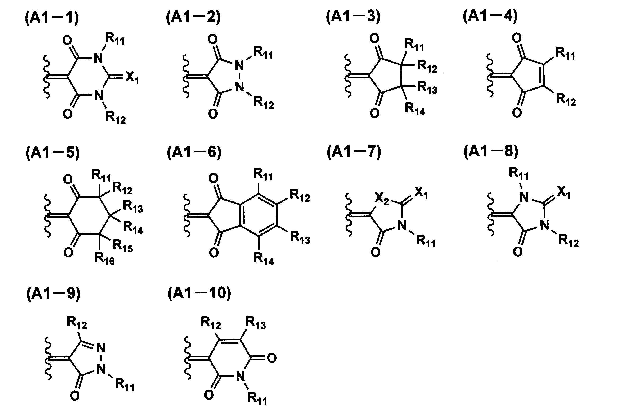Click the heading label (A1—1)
(x=52, y=18)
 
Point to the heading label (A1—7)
(x=354, y=152)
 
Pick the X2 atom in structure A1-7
(x=382, y=199)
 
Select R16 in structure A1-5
(x=104, y=258)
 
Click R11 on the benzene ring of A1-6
(x=263, y=174)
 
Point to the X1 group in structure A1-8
(x=564, y=192)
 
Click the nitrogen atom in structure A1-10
(x=240, y=377)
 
